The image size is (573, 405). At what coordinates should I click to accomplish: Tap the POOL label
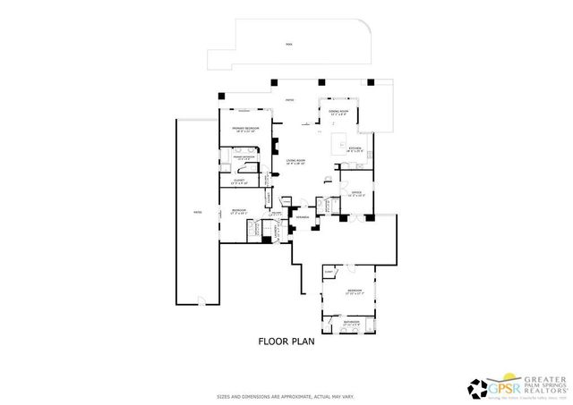pos(289,44)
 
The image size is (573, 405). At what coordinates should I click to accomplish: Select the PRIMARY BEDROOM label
pos(246,129)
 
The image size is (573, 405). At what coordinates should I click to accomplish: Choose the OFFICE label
pos(355,193)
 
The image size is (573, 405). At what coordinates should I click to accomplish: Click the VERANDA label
pos(303,215)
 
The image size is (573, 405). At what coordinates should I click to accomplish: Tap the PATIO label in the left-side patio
pos(197,213)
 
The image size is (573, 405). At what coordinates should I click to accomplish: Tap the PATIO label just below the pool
pos(290,100)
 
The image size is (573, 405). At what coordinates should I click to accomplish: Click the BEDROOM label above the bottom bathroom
pos(355,291)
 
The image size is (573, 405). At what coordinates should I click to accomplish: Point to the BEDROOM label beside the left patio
pos(239,210)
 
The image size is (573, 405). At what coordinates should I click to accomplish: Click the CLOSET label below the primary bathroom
pos(240,181)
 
